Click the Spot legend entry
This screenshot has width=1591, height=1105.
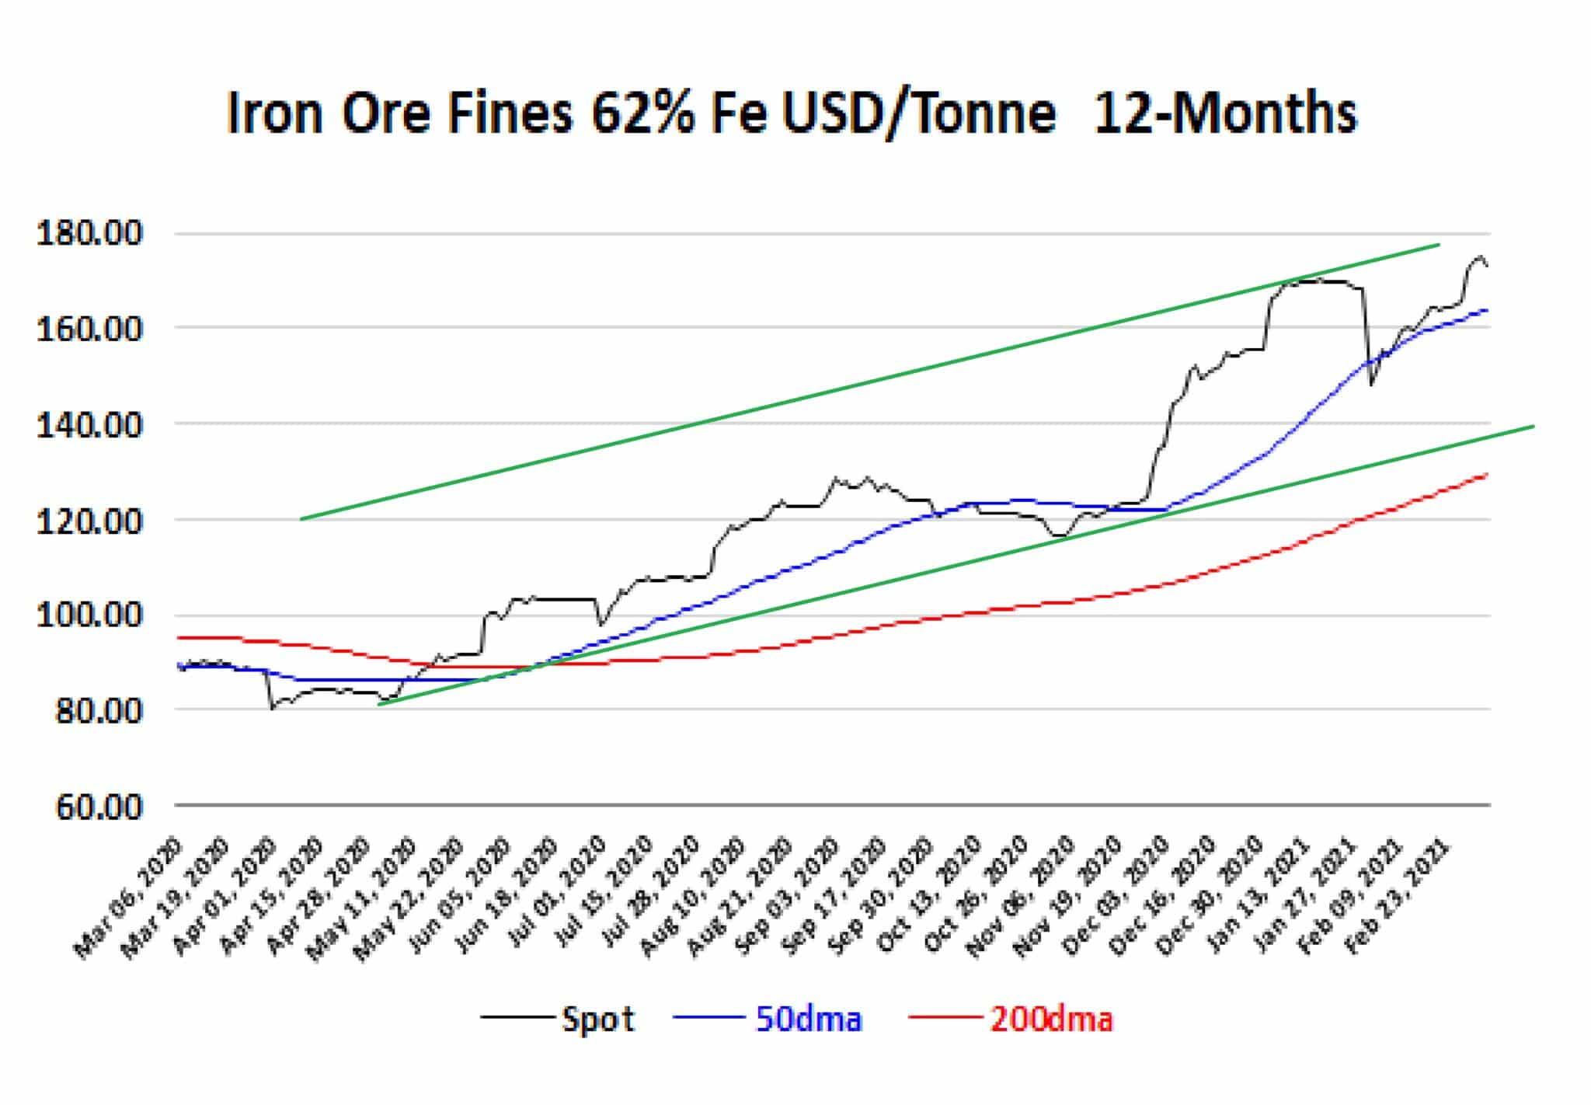click(598, 1019)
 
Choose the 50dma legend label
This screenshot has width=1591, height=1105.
click(809, 1019)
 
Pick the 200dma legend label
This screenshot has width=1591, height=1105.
click(1051, 1019)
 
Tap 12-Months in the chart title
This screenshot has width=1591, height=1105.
click(1225, 114)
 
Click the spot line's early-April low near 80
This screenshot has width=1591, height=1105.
click(273, 708)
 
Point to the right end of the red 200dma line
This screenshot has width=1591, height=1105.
click(1487, 474)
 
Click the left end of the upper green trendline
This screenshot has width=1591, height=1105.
click(301, 519)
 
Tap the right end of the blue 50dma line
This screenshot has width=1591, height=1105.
click(1487, 310)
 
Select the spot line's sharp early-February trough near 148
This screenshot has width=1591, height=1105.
click(1371, 384)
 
